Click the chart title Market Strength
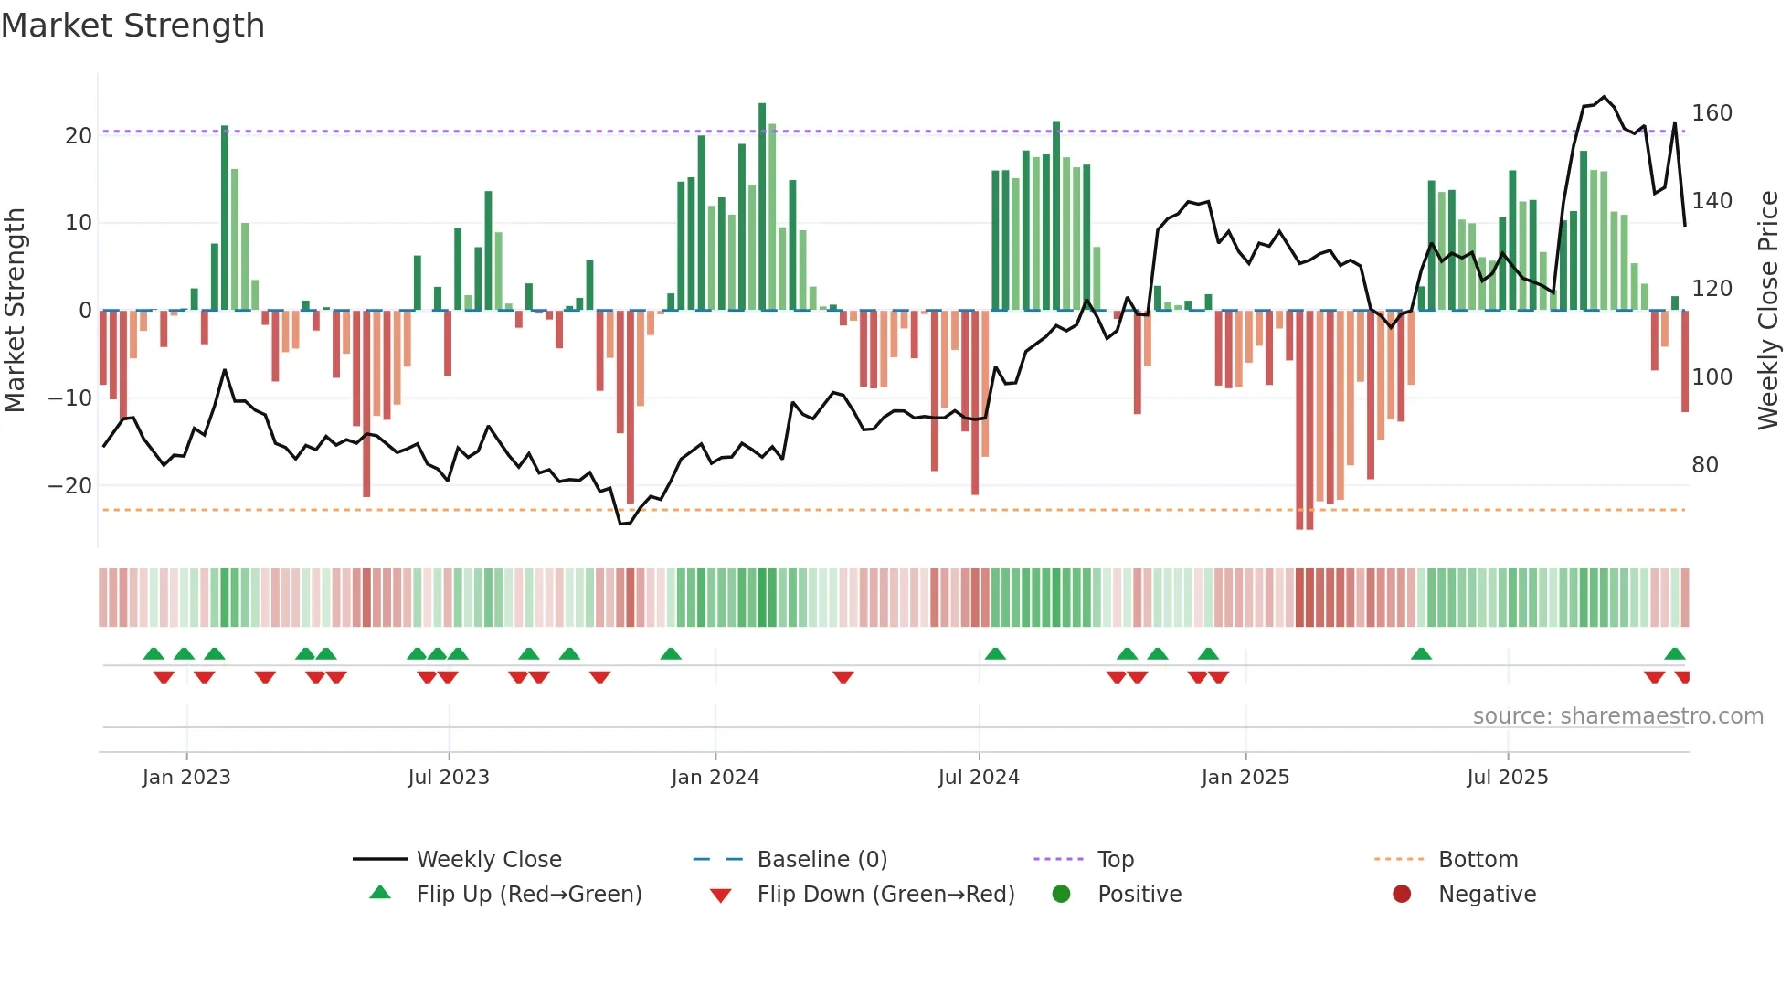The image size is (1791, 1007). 132,26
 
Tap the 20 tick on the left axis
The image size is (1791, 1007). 79,135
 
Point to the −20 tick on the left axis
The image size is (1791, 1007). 71,485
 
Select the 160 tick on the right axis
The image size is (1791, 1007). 1712,113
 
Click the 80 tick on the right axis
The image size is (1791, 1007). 1705,464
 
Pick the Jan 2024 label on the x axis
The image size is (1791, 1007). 715,778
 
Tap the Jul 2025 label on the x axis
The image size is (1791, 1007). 1508,778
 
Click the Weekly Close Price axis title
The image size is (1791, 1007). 1768,311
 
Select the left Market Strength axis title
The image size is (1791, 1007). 15,311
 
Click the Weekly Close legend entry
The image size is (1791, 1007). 489,860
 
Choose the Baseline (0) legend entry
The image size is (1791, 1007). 821,860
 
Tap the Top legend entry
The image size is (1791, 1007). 1116,860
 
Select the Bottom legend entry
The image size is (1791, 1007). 1478,860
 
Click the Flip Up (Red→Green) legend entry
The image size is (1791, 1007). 529,895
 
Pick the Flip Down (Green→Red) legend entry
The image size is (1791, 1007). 885,895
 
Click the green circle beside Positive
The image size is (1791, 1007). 1061,894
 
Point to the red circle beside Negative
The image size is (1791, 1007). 1402,894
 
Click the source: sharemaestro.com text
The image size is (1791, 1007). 1617,716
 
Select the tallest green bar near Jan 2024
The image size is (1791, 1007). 762,206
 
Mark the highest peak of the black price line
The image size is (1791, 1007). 1604,97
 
